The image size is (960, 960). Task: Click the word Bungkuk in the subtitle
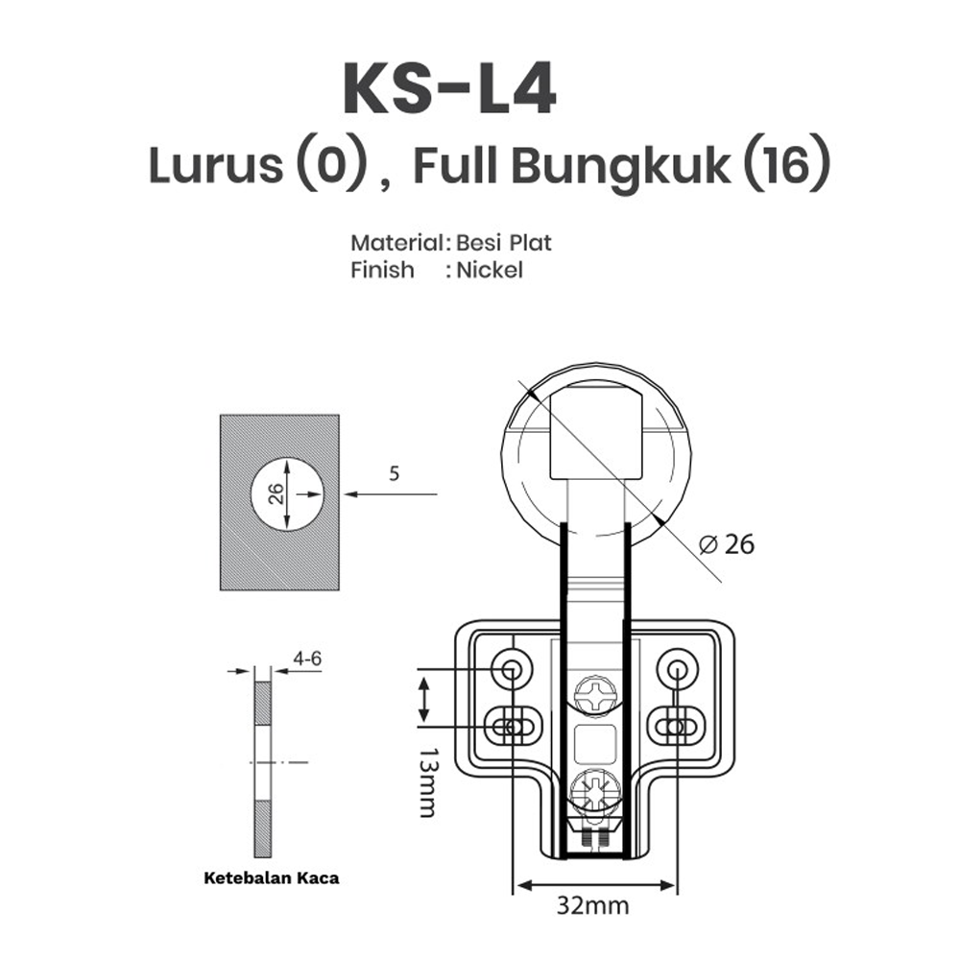pyautogui.click(x=619, y=167)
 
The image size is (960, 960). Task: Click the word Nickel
pyautogui.click(x=489, y=270)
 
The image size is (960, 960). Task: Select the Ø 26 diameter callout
pyautogui.click(x=728, y=544)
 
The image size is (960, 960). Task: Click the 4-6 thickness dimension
pyautogui.click(x=308, y=659)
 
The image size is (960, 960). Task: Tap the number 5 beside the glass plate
pyautogui.click(x=395, y=472)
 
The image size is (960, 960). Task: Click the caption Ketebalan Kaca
pyautogui.click(x=272, y=877)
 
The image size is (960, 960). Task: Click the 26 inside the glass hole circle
pyautogui.click(x=276, y=493)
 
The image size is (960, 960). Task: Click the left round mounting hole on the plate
pyautogui.click(x=509, y=667)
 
